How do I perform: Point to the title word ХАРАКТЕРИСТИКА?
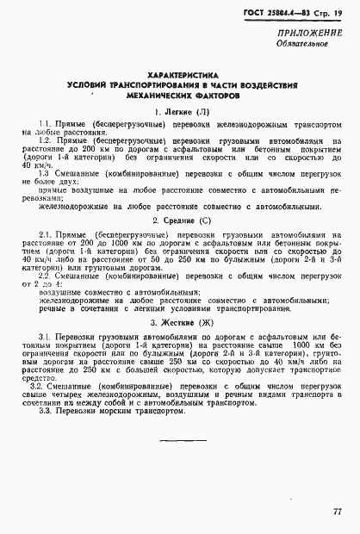point(183,76)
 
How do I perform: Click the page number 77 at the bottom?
point(335,512)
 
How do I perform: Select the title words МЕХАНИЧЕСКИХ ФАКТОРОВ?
point(182,97)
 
